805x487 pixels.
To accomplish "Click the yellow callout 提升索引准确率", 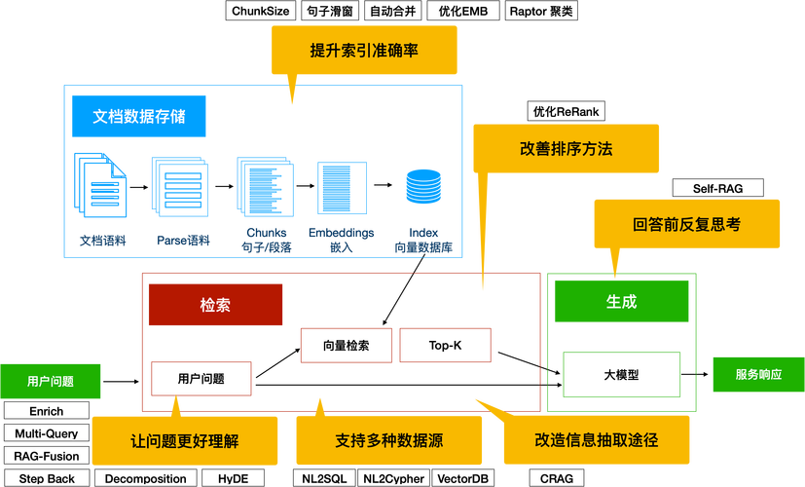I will [364, 50].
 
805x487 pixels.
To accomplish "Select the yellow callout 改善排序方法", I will [566, 148].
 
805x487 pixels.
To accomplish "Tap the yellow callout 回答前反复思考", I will [686, 224].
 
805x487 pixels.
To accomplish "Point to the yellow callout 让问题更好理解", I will [184, 440].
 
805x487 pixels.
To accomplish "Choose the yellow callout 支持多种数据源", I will [388, 440].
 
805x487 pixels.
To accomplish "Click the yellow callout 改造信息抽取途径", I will [596, 439].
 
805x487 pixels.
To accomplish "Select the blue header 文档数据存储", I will [138, 116].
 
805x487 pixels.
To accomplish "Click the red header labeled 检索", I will [215, 305].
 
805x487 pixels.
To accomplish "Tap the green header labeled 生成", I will [621, 302].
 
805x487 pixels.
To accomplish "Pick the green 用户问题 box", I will [51, 381].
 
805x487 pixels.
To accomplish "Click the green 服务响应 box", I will [757, 374].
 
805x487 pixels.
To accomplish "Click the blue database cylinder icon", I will [423, 186].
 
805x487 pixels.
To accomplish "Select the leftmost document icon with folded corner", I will [102, 183].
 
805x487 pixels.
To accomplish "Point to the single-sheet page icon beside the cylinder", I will [342, 188].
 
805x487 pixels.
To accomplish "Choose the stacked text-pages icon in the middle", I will [265, 186].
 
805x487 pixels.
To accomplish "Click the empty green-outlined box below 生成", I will [621, 376].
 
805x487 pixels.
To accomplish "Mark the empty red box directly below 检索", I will [201, 379].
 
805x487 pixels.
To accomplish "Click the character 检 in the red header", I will [207, 305].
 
